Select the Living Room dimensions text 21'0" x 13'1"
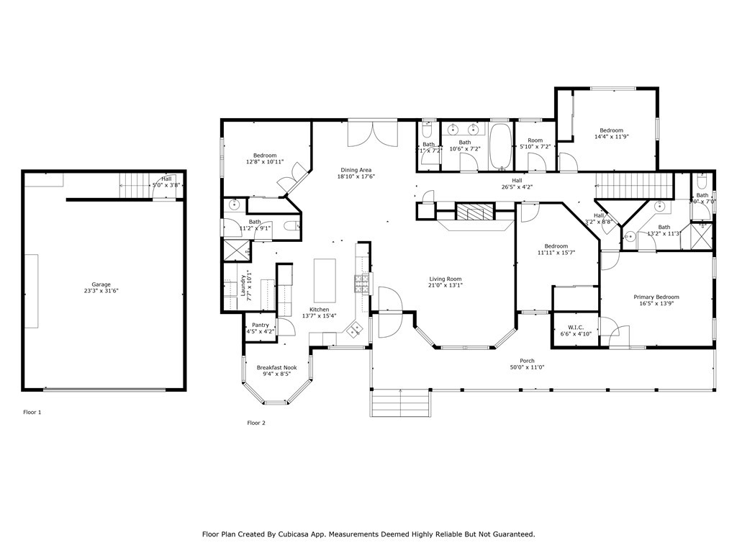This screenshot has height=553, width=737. click(x=446, y=285)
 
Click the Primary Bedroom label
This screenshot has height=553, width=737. click(x=656, y=297)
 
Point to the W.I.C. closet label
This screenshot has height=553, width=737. click(x=575, y=327)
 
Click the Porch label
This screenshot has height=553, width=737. click(x=528, y=361)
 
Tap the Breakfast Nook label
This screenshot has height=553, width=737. click(x=277, y=367)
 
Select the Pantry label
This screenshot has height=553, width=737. click(x=261, y=325)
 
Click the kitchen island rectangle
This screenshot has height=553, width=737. click(x=325, y=280)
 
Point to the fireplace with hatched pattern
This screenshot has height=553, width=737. click(x=475, y=212)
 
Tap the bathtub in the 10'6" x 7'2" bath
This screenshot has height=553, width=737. click(x=500, y=146)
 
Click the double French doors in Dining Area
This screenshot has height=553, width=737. click(x=372, y=133)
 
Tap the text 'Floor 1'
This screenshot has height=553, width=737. click(x=32, y=413)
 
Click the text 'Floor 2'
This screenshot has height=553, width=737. click(x=256, y=423)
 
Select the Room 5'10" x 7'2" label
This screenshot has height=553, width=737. click(x=535, y=140)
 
